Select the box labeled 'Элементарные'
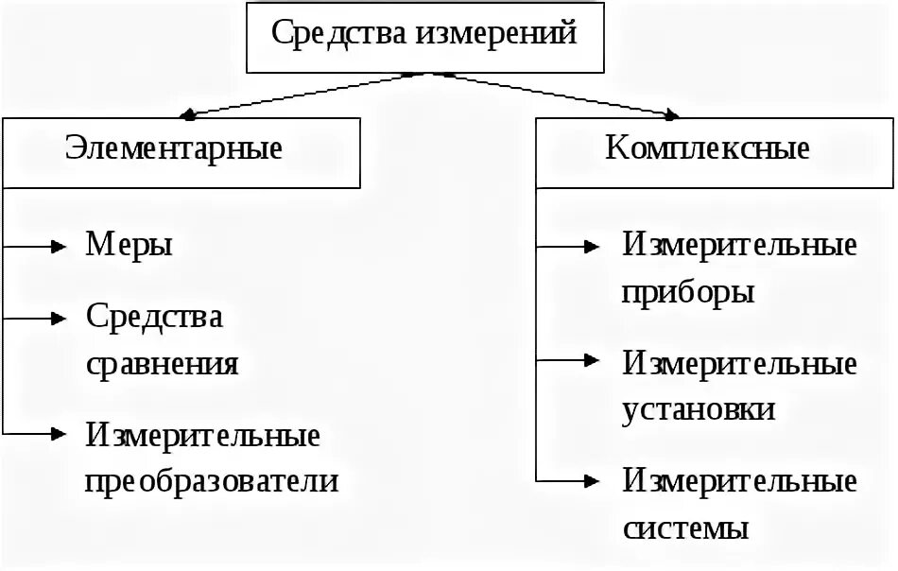coord(181,151)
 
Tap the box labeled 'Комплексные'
coord(707,151)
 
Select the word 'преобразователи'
coord(212,481)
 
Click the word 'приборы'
coord(688,292)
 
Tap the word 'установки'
coord(699,409)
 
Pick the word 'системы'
coord(686,528)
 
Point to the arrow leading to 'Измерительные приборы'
coord(567,247)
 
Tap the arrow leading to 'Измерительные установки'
coord(567,360)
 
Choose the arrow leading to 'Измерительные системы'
coord(567,480)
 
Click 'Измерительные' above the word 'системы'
coord(740,481)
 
